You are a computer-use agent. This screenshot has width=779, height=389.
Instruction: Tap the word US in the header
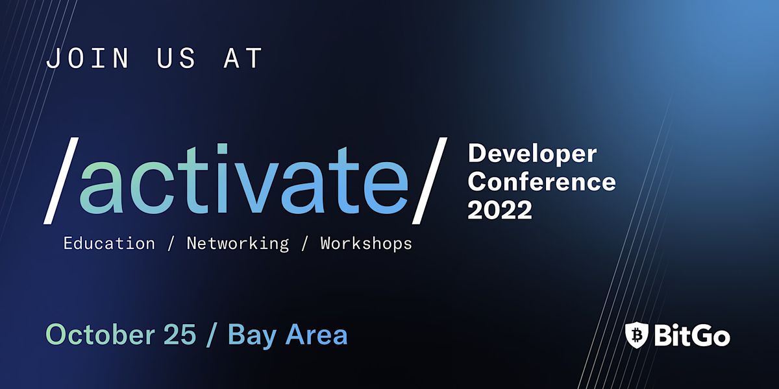coord(176,58)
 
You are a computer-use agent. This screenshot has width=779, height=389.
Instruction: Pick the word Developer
coord(532,154)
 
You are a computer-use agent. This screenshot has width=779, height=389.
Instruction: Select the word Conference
coord(541,182)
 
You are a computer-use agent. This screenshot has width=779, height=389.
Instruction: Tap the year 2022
coord(500,210)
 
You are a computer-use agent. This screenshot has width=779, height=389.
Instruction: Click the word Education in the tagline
coord(109,244)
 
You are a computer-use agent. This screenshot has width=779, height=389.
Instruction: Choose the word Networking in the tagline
coord(238,244)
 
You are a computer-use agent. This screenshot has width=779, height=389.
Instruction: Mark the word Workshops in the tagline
coord(366,244)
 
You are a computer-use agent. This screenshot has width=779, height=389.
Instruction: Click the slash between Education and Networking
coord(171,244)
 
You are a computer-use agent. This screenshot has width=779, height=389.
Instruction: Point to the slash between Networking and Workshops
coord(304,244)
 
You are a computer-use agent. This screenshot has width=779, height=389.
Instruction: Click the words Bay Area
coord(288,335)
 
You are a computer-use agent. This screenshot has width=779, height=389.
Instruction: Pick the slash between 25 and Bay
coord(214,335)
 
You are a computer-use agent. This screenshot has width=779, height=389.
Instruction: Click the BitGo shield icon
coord(636,335)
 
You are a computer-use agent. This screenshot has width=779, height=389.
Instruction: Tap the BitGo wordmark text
coord(691,335)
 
